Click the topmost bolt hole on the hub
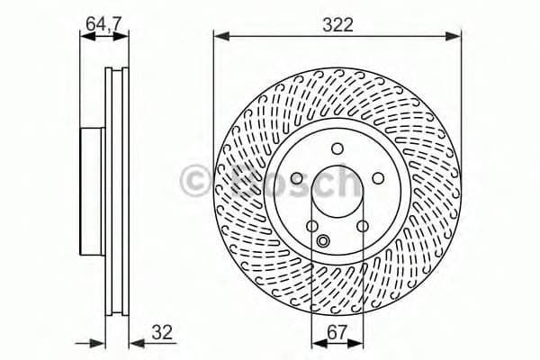pos(337,148)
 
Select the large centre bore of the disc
pos(337,193)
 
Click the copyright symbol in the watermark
pos(194,181)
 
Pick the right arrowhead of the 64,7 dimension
pos(123,39)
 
